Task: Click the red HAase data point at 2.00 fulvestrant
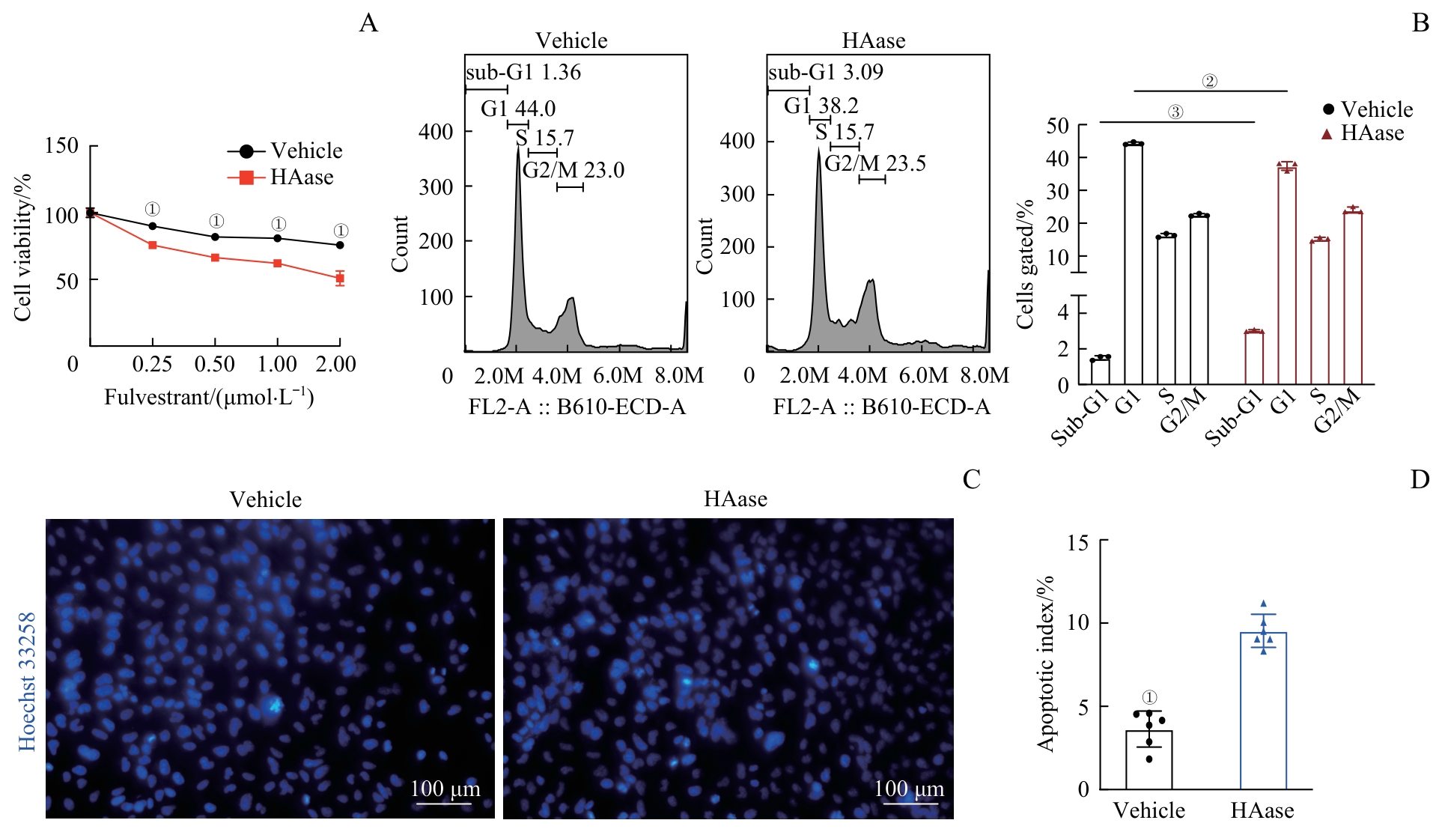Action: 340,279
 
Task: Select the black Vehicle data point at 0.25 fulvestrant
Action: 153,226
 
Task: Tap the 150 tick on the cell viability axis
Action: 61,145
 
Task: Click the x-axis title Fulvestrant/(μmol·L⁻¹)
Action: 209,397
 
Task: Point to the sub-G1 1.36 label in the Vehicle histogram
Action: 523,73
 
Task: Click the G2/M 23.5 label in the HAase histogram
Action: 875,163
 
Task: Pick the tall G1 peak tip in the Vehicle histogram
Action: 517,148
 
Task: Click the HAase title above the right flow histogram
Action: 874,40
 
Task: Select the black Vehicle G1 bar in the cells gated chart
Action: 1134,262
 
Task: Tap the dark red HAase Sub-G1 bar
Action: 1254,357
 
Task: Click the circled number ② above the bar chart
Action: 1210,82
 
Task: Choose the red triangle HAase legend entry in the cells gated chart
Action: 1327,134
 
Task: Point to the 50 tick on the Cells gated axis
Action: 1057,125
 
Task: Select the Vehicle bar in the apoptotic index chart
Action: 1149,759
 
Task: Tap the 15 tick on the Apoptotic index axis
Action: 1078,542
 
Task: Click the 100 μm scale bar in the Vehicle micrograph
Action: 445,804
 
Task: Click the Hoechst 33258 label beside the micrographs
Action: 27,681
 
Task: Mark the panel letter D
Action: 1420,479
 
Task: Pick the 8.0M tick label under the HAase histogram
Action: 985,375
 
